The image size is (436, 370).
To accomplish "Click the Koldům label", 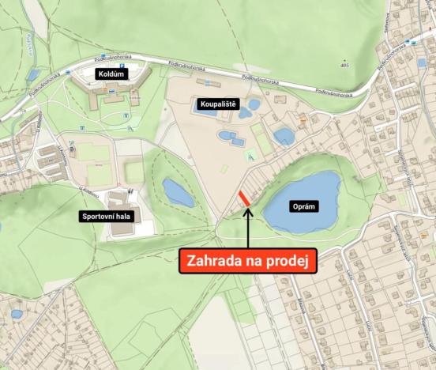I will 111,74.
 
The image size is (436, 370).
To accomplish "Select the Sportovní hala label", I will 105,216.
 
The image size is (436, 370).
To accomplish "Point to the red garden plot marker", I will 244,198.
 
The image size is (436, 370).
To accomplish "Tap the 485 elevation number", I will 344,65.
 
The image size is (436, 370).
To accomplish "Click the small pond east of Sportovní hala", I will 178,192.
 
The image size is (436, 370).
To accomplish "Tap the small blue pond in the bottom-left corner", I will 17,314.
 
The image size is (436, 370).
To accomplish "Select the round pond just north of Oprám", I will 284,137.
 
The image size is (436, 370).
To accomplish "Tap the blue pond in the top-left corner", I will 32,76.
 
